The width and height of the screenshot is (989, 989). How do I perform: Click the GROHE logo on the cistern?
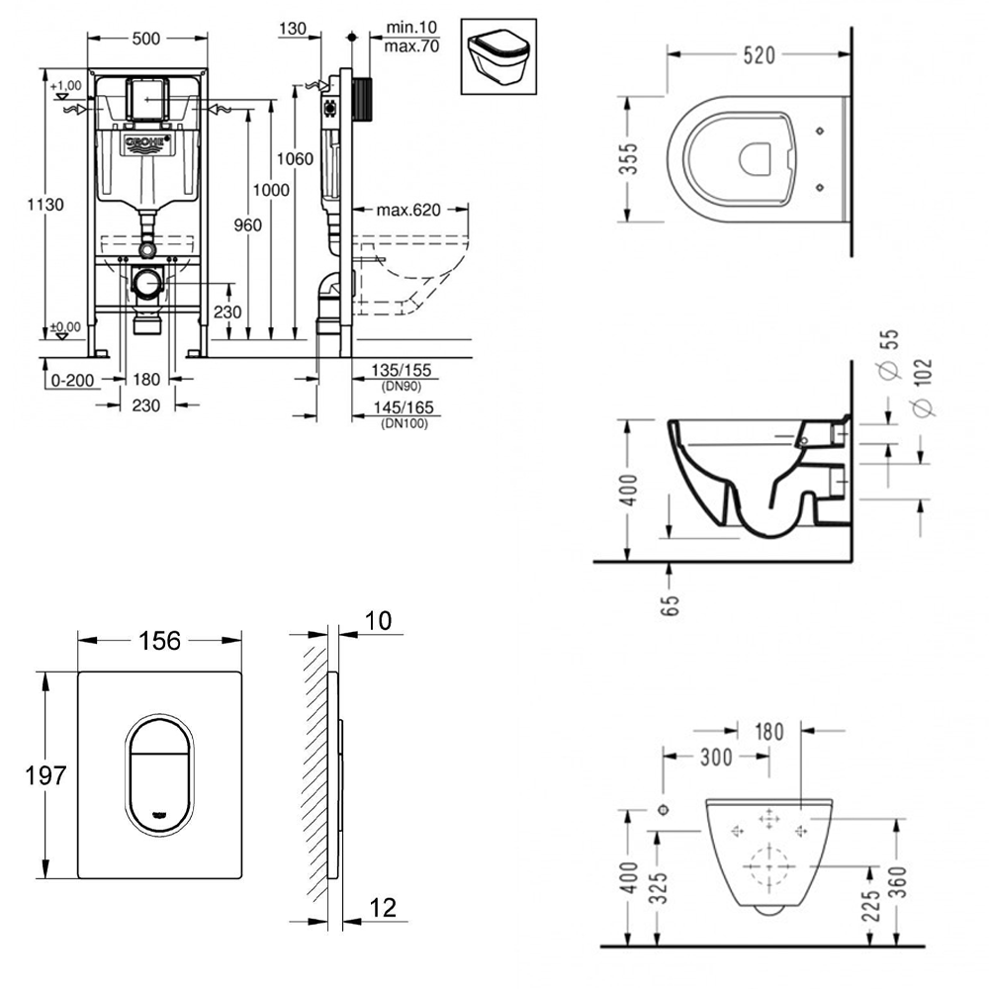tap(147, 144)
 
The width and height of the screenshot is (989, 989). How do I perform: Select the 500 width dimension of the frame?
tap(145, 40)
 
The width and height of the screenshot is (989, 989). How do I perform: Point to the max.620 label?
tap(408, 210)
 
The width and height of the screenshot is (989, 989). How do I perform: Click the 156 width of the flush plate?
tap(159, 641)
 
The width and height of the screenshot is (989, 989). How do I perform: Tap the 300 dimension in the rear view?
tap(715, 758)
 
